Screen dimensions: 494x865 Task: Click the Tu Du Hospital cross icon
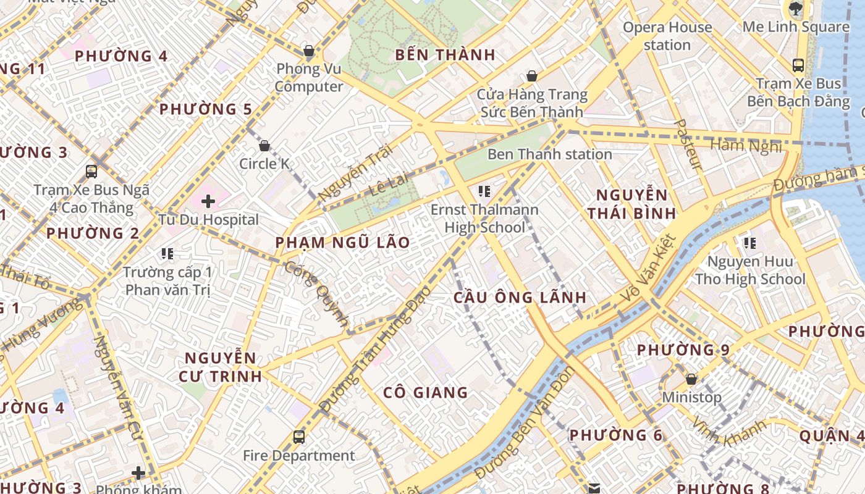tap(208, 201)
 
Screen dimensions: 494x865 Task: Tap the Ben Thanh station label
tap(549, 154)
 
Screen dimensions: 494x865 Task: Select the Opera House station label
tap(667, 36)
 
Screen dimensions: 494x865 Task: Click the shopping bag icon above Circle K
tap(264, 146)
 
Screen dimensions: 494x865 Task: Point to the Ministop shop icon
tap(691, 379)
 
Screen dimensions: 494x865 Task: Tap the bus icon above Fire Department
tap(299, 437)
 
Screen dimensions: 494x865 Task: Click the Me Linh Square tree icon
tap(795, 9)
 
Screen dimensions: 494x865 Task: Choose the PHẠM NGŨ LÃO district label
tap(342, 243)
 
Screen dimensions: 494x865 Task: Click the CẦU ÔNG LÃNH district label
tap(520, 297)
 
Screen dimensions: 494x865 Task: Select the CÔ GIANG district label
tap(425, 393)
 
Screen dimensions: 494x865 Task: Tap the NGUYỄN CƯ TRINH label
tap(221, 367)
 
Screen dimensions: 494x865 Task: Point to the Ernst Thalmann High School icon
tap(484, 191)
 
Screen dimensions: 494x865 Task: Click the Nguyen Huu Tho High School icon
tap(750, 243)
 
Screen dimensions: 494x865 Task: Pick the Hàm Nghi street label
tap(746, 146)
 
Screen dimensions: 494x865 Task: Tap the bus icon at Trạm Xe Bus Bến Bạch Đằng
tap(798, 65)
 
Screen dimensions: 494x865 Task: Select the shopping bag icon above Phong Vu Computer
tap(308, 51)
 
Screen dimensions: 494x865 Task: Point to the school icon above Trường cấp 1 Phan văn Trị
tap(167, 253)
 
